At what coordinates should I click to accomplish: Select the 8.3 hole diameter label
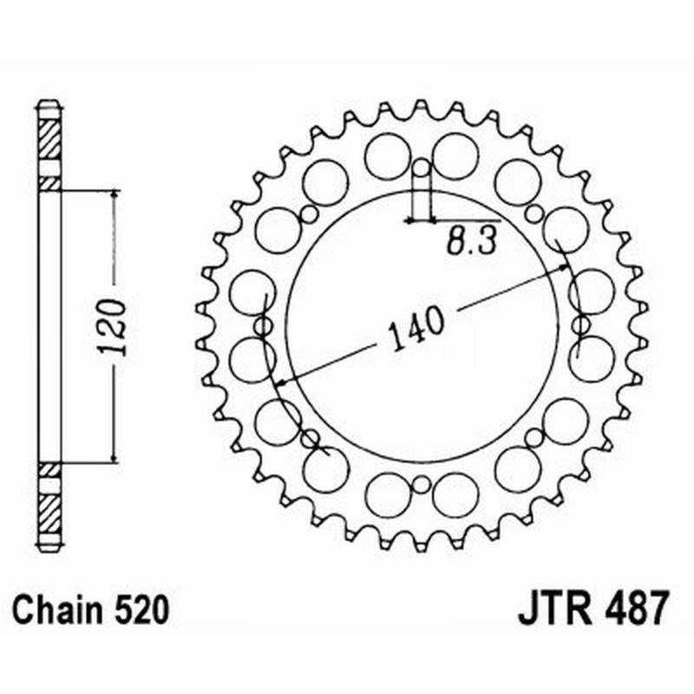coord(471,241)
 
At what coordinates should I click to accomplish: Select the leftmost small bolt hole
coord(262,325)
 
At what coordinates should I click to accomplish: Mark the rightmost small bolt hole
coord(579,325)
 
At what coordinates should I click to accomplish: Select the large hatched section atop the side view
coord(49,137)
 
